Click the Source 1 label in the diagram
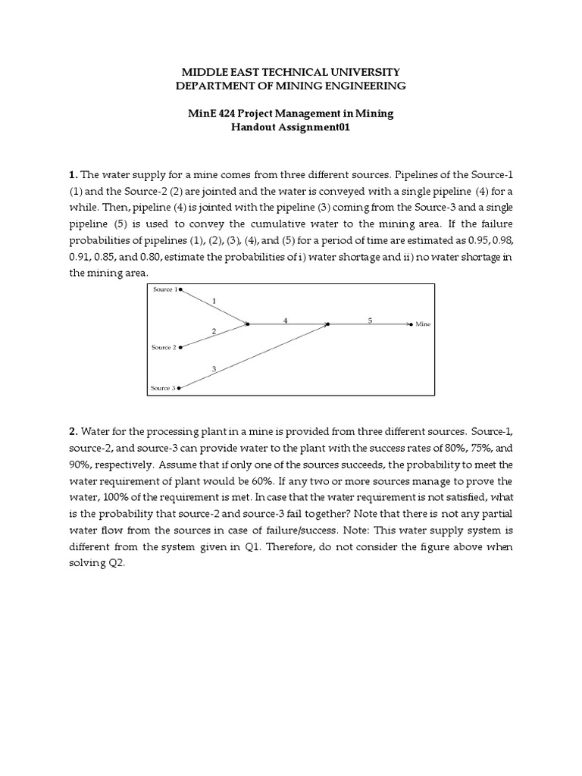pos(164,290)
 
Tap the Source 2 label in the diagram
pos(164,347)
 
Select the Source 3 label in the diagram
pos(163,388)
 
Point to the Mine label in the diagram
pos(423,324)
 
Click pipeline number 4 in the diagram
pos(286,320)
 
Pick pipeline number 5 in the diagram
pos(370,320)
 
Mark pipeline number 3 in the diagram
pos(214,369)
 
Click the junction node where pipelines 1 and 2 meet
pos(247,324)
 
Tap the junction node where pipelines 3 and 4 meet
pos(327,324)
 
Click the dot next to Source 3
pos(179,388)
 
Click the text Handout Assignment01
pos(290,128)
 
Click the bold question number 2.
pos(74,431)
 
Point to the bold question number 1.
pos(73,175)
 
